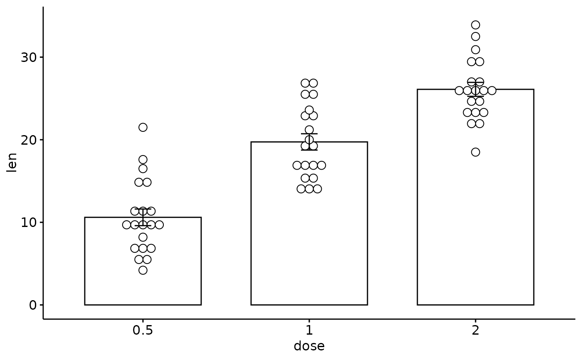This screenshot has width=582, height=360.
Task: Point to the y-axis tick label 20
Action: tap(29, 140)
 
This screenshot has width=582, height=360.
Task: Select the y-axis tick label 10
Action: tap(29, 222)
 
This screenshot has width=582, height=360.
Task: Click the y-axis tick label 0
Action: tap(33, 305)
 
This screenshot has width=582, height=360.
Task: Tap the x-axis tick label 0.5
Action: tap(143, 330)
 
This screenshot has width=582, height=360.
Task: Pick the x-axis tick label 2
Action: tap(476, 330)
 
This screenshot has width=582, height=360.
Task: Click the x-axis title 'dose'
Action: tap(309, 346)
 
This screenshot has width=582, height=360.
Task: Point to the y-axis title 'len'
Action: tap(12, 163)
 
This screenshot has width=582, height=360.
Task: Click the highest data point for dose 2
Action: tap(476, 25)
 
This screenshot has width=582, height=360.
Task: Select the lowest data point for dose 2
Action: tap(476, 152)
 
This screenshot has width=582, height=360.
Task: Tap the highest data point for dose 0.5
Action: tap(143, 127)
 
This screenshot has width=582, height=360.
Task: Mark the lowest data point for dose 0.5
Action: tap(143, 270)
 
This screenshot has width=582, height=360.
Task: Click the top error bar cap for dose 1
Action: tap(309, 133)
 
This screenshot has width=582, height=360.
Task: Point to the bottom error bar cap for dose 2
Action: tap(476, 96)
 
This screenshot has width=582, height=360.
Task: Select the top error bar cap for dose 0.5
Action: tap(143, 209)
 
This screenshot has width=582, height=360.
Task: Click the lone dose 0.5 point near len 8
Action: tap(143, 237)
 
